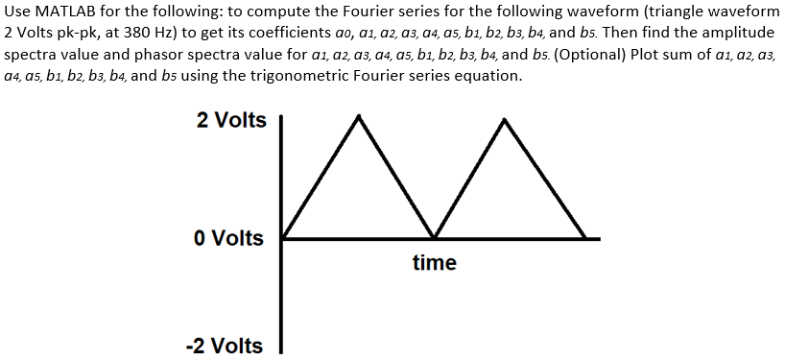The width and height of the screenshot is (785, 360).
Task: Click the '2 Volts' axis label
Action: (231, 120)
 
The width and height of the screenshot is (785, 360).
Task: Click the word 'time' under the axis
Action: (434, 262)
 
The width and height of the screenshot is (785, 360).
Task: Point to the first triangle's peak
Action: (360, 116)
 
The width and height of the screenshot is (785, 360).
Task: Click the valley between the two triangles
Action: (434, 237)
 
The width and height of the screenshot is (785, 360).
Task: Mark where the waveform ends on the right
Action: (585, 237)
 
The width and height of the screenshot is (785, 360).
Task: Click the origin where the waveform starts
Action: (284, 237)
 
